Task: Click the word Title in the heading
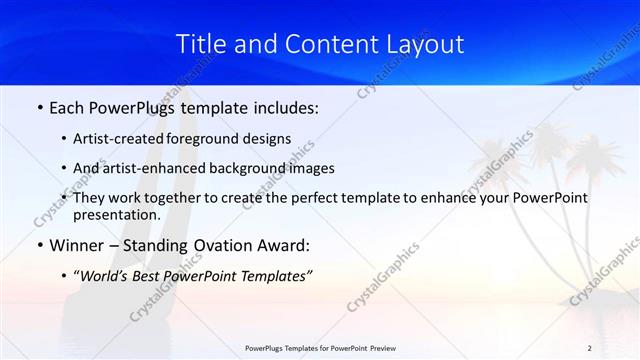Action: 198,44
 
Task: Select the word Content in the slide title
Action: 326,44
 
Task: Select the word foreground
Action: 214,139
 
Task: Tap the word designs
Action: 270,139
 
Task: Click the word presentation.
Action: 116,214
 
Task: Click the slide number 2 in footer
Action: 589,347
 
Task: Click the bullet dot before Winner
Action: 39,245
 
